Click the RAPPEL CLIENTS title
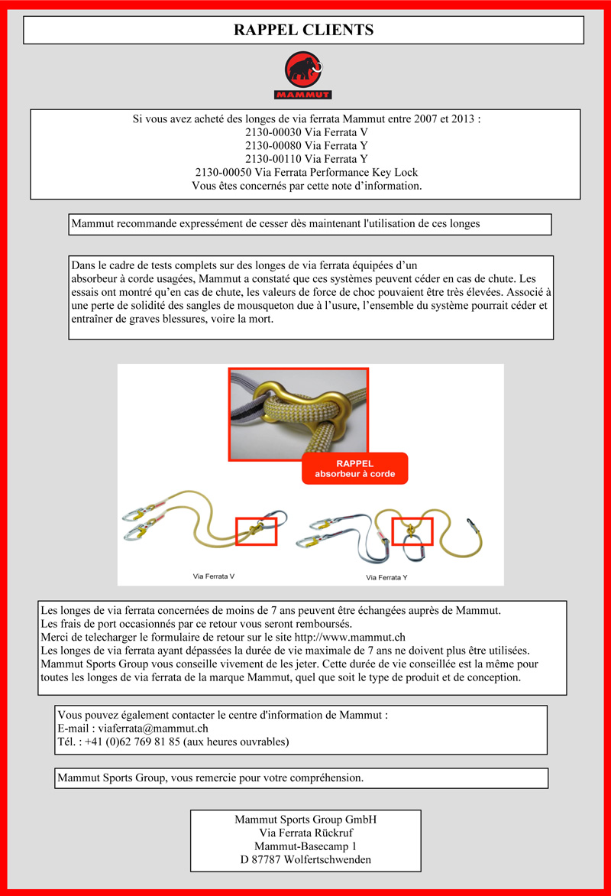303,31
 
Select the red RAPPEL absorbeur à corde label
354,469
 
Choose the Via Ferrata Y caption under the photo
387,577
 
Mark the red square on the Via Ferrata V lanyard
256,531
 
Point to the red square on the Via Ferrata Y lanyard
412,531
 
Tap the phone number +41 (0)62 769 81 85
132,742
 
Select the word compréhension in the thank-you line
322,778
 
